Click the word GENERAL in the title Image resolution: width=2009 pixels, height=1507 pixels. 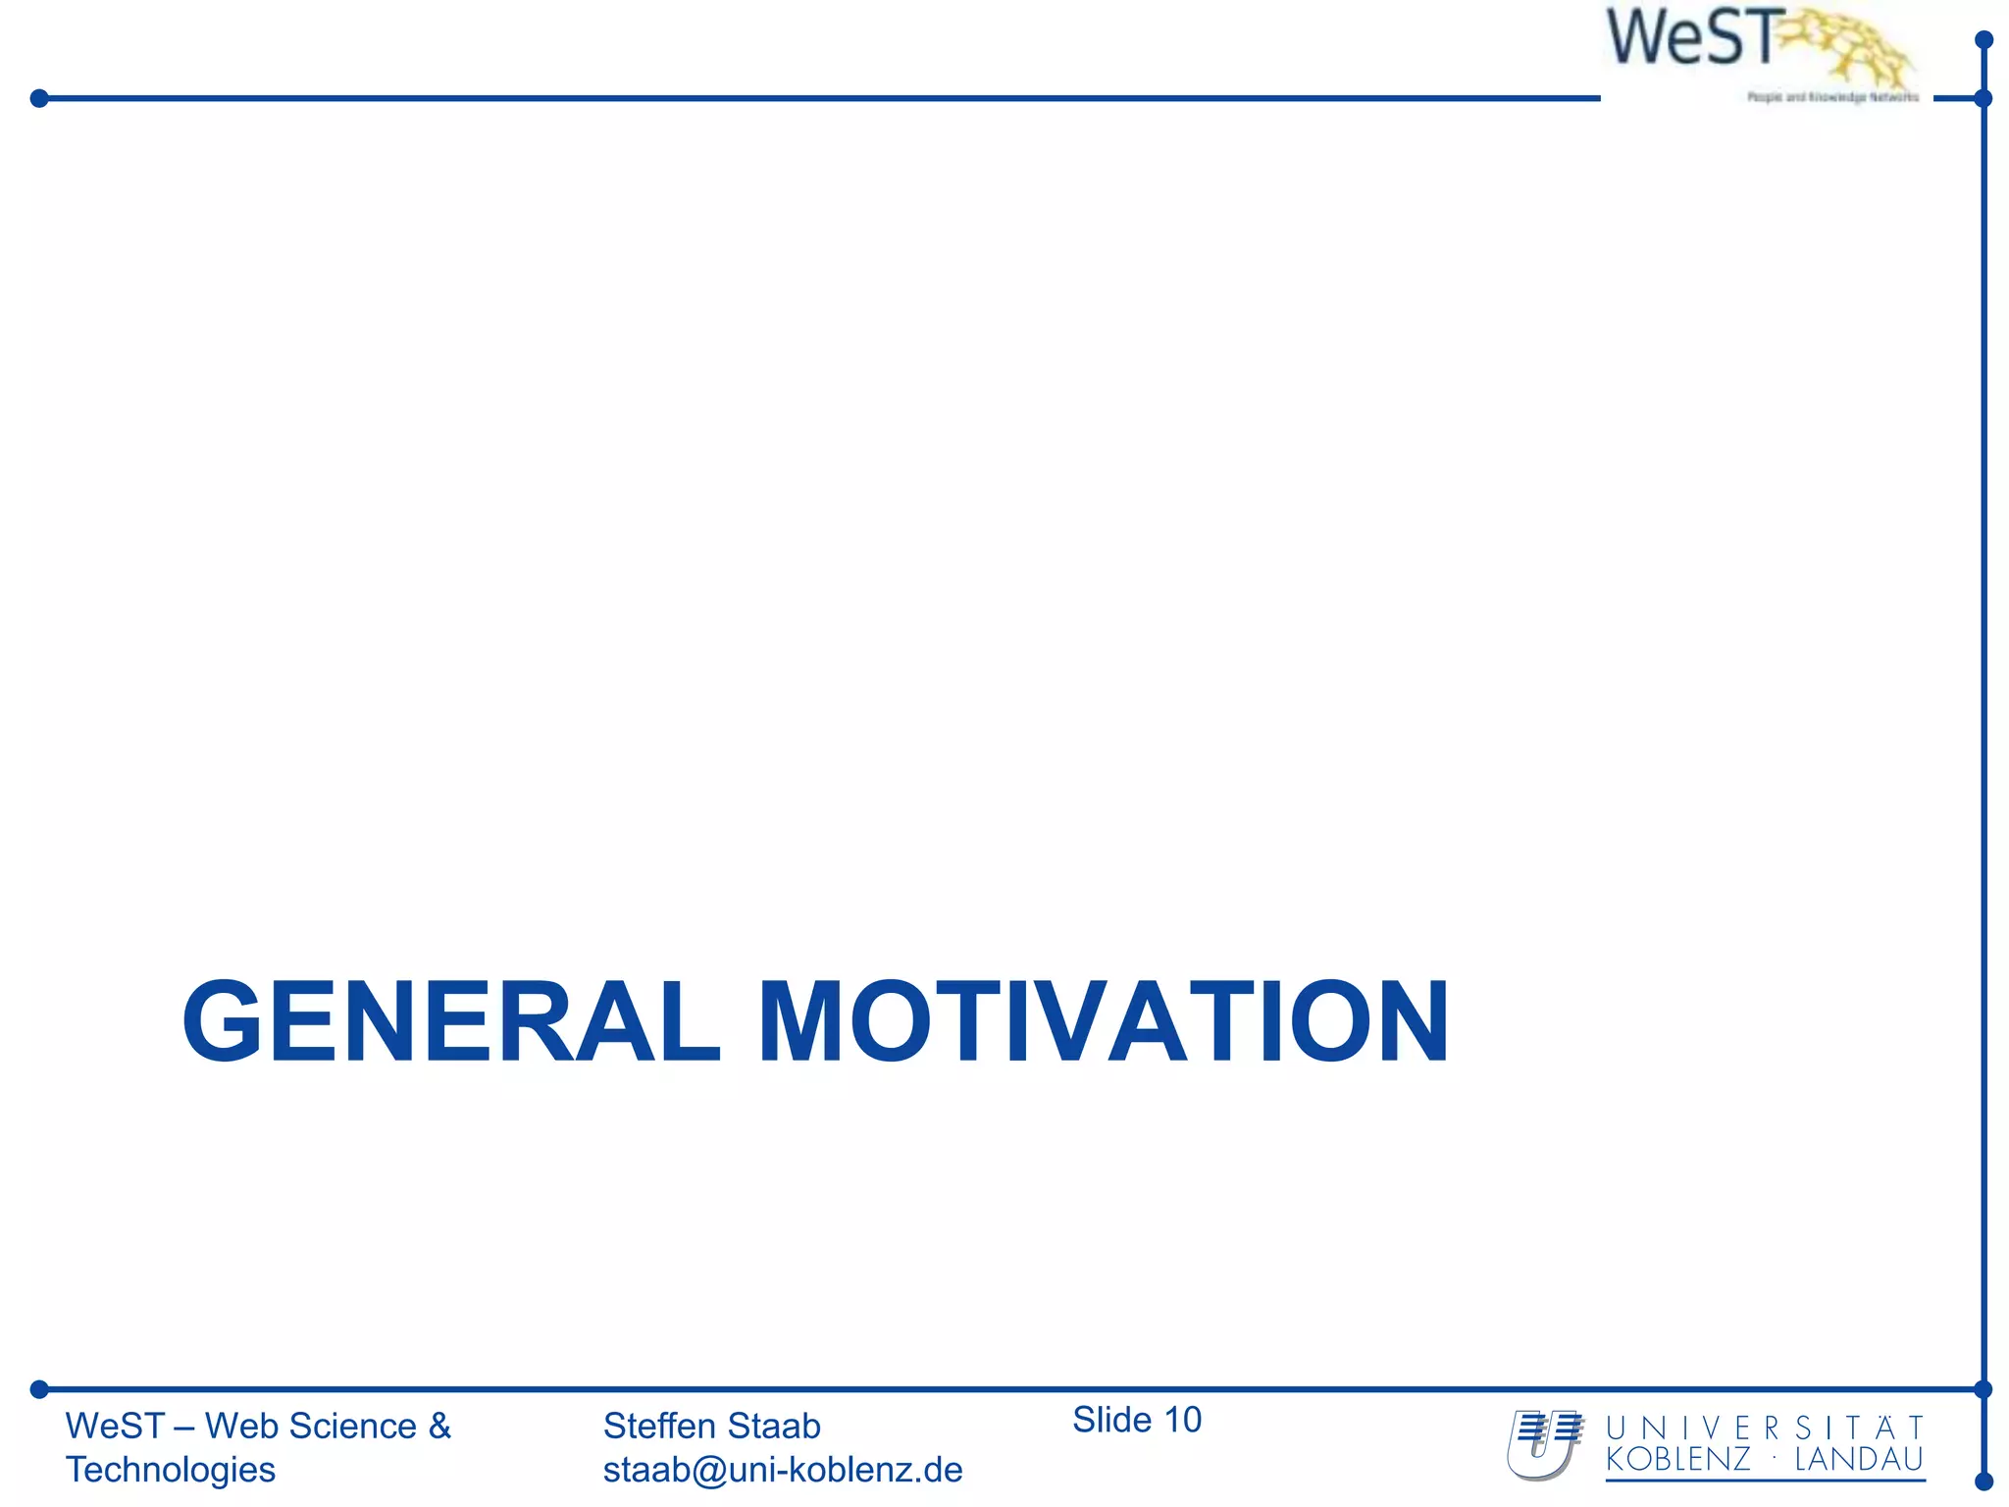[x=451, y=1022]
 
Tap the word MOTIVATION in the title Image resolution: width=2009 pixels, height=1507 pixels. [x=1104, y=1022]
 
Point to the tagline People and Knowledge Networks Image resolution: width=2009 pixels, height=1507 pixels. [x=1832, y=97]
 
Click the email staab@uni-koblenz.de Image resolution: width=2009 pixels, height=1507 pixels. [x=783, y=1470]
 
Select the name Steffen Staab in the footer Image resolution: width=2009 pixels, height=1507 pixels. [x=711, y=1426]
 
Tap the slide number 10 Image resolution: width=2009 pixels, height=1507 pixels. [x=1182, y=1420]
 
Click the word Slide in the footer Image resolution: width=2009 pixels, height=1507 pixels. [x=1111, y=1420]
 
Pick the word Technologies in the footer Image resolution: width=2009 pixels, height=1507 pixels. [x=171, y=1470]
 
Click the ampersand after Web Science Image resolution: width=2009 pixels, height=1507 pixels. [x=439, y=1426]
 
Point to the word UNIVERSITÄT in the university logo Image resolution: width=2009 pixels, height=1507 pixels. [x=1765, y=1428]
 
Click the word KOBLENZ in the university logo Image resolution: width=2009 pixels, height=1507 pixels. [x=1677, y=1460]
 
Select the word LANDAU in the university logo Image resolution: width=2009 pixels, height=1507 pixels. [x=1859, y=1460]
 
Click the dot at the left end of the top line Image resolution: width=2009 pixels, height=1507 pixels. [x=39, y=98]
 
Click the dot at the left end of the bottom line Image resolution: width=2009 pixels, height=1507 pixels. [x=39, y=1389]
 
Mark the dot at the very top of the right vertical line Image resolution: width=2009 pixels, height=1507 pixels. [x=1983, y=40]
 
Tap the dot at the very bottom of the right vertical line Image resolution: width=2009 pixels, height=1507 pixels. [x=1983, y=1481]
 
